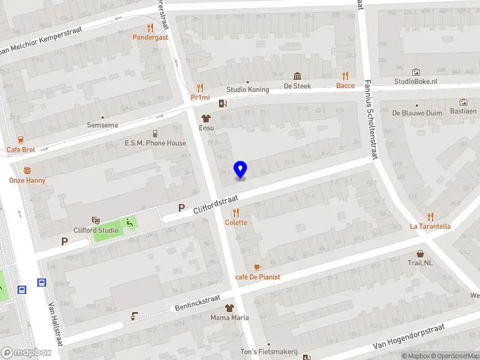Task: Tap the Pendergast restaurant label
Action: (150, 37)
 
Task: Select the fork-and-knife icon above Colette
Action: (236, 212)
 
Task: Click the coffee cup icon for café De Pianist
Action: (257, 267)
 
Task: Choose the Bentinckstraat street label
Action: (197, 302)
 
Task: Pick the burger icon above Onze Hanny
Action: (27, 170)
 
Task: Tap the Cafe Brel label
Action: (21, 149)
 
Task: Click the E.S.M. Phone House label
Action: (155, 143)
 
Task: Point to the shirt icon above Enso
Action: (206, 118)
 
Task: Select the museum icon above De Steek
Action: (297, 76)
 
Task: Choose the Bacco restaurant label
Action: (345, 85)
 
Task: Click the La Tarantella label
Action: (430, 226)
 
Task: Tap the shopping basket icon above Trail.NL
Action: (421, 254)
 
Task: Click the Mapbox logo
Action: (27, 353)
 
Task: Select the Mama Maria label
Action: (229, 317)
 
